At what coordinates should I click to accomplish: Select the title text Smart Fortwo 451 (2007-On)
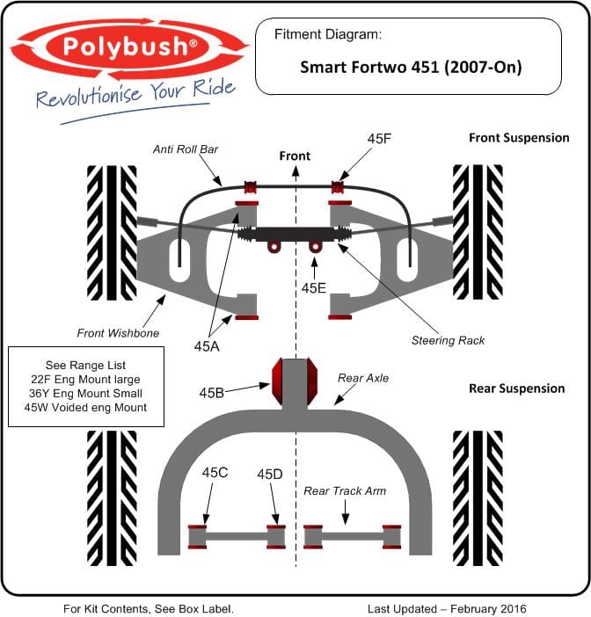[x=411, y=67]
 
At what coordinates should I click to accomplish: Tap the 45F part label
[x=380, y=139]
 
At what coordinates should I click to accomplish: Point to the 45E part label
[x=314, y=287]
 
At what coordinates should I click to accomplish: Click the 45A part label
[x=208, y=346]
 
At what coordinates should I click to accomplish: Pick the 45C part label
[x=215, y=473]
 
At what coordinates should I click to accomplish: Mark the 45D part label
[x=270, y=474]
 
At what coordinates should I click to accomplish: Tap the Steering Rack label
[x=448, y=340]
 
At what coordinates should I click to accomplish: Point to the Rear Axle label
[x=362, y=378]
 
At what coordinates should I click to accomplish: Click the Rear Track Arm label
[x=346, y=491]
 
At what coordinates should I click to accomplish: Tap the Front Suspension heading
[x=519, y=138]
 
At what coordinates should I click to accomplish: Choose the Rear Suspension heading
[x=516, y=388]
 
